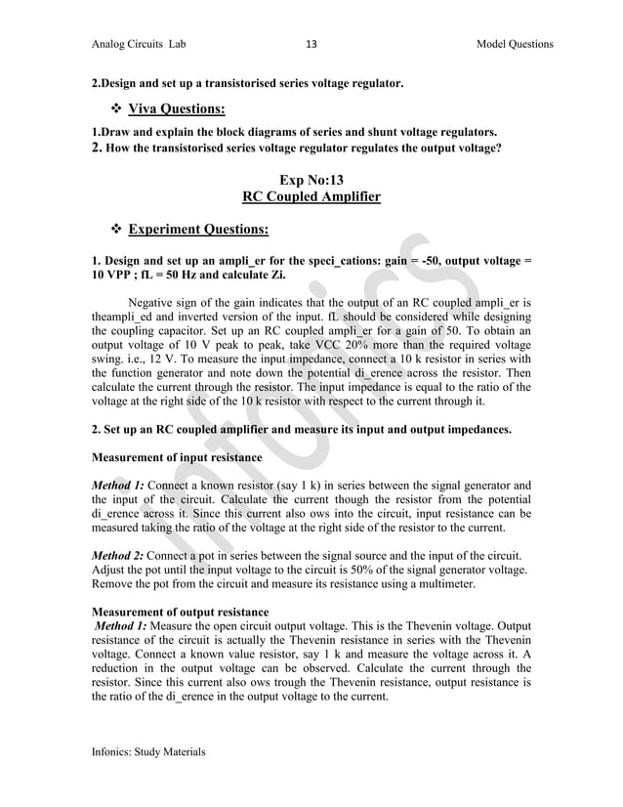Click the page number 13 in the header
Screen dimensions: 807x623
click(x=311, y=44)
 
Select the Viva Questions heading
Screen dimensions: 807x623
click(x=177, y=108)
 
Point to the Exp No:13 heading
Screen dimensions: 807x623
click(x=311, y=180)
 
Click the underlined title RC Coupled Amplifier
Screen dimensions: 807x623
click(x=311, y=197)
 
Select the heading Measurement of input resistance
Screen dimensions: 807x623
click(x=176, y=457)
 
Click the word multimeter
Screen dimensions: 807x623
click(x=443, y=582)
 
